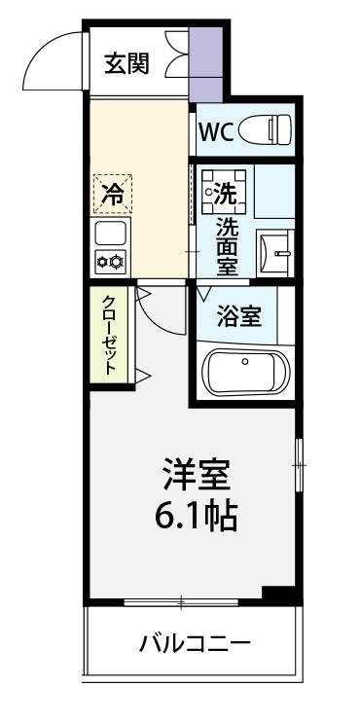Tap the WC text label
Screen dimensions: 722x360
click(x=215, y=131)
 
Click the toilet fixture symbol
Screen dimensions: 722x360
click(x=268, y=129)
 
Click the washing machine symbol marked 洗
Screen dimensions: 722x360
click(x=223, y=191)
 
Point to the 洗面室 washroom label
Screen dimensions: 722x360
click(x=226, y=244)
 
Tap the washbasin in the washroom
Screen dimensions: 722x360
click(x=277, y=252)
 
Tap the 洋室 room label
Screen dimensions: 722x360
click(x=195, y=476)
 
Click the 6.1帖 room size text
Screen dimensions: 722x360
click(x=195, y=515)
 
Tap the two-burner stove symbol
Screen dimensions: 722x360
click(x=110, y=261)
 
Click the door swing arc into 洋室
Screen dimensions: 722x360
click(x=156, y=307)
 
